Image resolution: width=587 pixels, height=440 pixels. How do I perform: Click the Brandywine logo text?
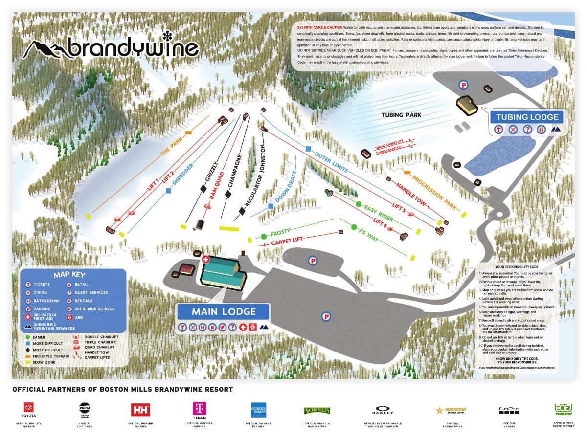point(132,48)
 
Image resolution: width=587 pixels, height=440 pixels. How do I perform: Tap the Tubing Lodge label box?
point(527,117)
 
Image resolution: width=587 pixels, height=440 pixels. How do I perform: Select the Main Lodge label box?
point(223,311)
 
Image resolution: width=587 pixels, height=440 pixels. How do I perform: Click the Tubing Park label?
point(401,115)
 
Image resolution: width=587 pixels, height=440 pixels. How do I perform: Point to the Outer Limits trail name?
point(331,162)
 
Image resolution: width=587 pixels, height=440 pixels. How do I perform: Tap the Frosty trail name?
point(280,232)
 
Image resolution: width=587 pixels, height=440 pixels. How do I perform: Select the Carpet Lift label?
point(288,241)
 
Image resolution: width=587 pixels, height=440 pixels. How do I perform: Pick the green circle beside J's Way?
point(354,227)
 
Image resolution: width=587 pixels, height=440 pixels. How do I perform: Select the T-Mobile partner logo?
point(198,410)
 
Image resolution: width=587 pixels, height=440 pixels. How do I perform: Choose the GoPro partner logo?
point(509,410)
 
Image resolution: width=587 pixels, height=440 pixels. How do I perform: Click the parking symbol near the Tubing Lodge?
point(463,85)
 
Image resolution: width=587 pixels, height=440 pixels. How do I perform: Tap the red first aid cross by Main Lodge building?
point(205,259)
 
